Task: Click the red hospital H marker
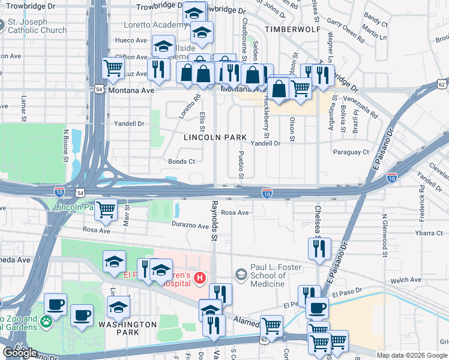click(x=200, y=278)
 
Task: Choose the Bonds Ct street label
click(x=181, y=161)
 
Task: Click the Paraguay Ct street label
click(x=352, y=152)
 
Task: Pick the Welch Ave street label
click(x=409, y=280)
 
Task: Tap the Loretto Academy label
click(x=155, y=25)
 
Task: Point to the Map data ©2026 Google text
click(x=412, y=355)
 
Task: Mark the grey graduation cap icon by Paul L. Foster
click(x=241, y=275)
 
